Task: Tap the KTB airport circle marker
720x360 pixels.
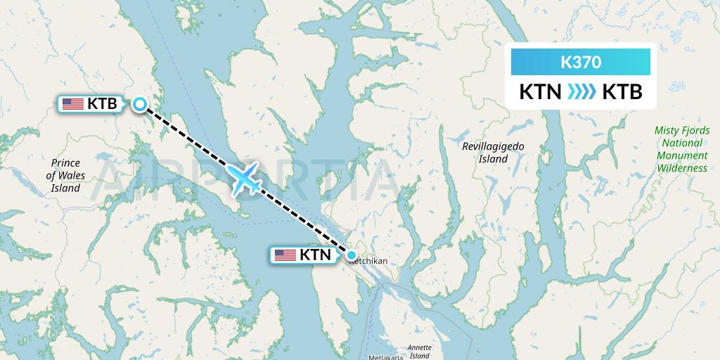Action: [140, 104]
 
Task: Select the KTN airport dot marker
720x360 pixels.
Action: [352, 255]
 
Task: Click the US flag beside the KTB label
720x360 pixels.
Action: [72, 104]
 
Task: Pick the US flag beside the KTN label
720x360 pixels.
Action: [285, 255]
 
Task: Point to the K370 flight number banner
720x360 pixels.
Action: [580, 62]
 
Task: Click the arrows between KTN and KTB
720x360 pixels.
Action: [581, 92]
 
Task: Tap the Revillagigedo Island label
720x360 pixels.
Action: [493, 153]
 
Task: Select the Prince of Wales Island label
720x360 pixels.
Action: [65, 175]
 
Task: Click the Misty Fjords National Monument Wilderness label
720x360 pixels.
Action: [681, 149]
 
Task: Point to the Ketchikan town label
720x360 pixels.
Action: [368, 262]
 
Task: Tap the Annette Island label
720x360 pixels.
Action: [420, 352]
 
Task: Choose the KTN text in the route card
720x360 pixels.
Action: [539, 92]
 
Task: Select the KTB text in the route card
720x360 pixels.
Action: [622, 92]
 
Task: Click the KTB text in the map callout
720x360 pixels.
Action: [102, 104]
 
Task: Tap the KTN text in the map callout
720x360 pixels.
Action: [314, 255]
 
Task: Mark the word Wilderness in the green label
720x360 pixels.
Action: [682, 168]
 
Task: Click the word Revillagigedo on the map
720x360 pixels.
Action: [493, 146]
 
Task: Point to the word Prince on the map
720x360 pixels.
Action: [65, 162]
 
